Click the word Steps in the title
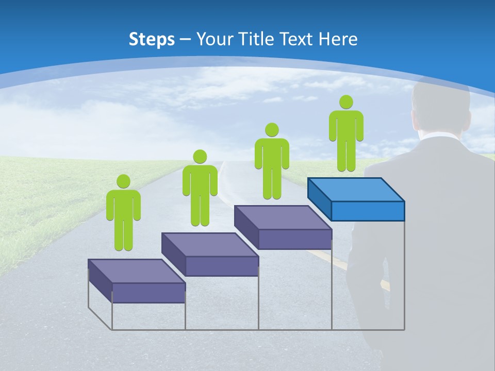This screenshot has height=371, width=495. [152, 39]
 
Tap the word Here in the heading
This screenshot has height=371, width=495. [337, 39]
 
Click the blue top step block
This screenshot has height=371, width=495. [356, 198]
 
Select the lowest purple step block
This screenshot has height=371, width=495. [137, 281]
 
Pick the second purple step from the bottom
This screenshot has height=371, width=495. [210, 254]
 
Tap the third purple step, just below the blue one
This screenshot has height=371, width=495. [283, 227]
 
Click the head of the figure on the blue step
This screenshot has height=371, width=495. [346, 102]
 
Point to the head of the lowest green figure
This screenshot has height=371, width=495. [123, 181]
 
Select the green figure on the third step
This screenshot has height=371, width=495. [272, 162]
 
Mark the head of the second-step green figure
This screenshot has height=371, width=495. [200, 157]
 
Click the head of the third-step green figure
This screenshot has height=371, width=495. [272, 129]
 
